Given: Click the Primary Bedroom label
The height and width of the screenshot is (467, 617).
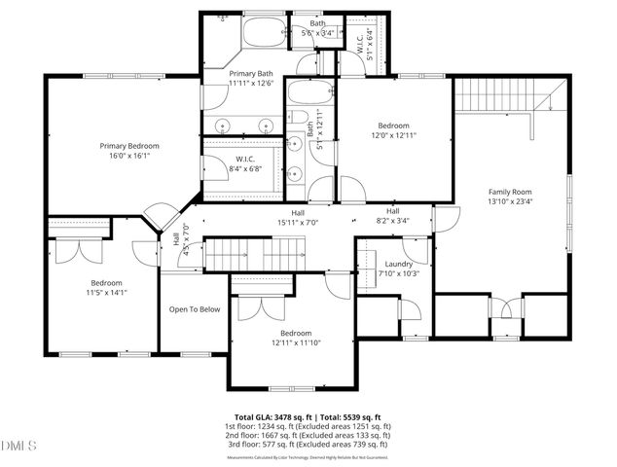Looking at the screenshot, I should tap(129, 146).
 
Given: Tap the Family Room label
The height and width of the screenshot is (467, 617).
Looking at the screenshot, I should tap(512, 192).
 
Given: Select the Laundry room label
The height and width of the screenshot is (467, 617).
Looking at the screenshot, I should tap(399, 264).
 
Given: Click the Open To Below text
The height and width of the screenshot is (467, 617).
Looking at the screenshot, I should tap(195, 309).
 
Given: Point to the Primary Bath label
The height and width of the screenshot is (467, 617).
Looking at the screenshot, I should tap(251, 74).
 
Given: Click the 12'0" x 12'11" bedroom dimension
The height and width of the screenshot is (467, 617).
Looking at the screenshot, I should tap(394, 136).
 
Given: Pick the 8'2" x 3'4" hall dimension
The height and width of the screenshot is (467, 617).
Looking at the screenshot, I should tap(393, 221).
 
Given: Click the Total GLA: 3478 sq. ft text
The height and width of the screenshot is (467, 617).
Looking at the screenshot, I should tap(271, 416).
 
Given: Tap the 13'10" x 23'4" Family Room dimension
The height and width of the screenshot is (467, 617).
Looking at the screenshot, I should tap(512, 202).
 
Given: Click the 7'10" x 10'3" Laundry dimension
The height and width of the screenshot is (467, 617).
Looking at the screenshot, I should tap(399, 273).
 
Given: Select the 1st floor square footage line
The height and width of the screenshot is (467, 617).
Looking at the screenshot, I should tap(309, 426).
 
